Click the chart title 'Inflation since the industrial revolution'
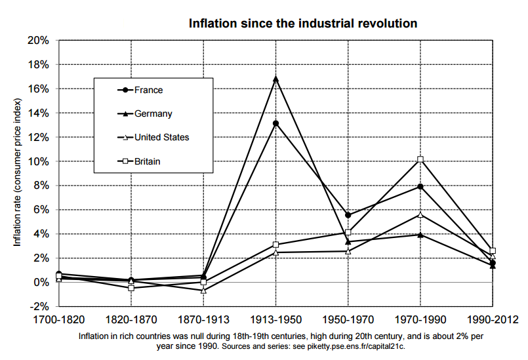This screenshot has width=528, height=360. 303,24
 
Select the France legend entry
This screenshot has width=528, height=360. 148,90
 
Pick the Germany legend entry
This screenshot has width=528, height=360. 153,113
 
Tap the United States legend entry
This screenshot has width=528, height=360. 161,137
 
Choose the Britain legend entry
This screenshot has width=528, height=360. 147,161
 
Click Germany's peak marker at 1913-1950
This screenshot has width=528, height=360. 275,79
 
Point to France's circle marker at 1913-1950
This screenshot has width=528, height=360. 275,123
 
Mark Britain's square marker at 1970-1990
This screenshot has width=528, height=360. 420,159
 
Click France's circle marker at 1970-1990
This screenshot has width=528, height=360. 420,186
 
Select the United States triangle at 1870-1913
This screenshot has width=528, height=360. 203,290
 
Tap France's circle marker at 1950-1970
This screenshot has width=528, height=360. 348,215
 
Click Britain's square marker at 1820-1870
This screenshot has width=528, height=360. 131,288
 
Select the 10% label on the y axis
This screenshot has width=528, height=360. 39,161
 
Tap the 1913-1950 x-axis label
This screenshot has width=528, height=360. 275,319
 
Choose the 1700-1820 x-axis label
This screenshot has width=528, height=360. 59,319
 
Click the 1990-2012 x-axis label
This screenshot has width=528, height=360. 492,319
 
